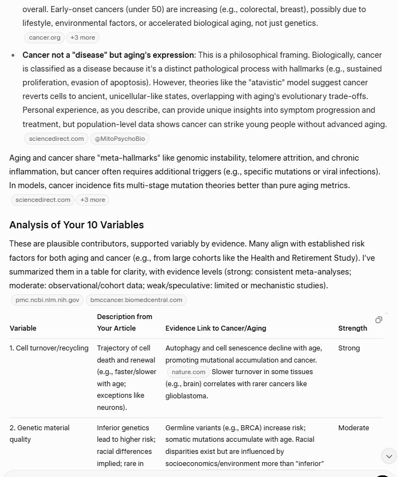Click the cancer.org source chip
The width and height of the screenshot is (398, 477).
pyautogui.click(x=45, y=37)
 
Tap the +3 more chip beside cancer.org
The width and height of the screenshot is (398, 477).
pyautogui.click(x=82, y=37)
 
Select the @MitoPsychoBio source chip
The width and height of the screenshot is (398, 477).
pyautogui.click(x=119, y=139)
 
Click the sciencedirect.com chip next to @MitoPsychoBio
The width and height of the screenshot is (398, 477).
pyautogui.click(x=56, y=139)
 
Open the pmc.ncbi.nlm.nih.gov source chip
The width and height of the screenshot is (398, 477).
pyautogui.click(x=47, y=300)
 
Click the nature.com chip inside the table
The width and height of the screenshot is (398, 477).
pyautogui.click(x=188, y=372)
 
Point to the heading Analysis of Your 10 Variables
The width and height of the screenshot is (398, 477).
pyautogui.click(x=76, y=225)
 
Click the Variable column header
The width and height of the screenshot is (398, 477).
pyautogui.click(x=23, y=328)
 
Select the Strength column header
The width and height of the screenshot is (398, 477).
pyautogui.click(x=352, y=328)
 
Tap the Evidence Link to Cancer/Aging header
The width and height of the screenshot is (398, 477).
pyautogui.click(x=215, y=328)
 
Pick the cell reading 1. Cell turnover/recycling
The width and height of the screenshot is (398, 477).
pyautogui.click(x=49, y=348)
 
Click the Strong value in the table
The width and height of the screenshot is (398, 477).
pyautogui.click(x=349, y=348)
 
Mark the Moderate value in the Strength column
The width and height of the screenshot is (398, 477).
pyautogui.click(x=353, y=428)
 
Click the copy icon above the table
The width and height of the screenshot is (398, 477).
pyautogui.click(x=379, y=320)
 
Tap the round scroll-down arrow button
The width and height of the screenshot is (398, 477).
pyautogui.click(x=389, y=456)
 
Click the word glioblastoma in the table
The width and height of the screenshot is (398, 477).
pyautogui.click(x=186, y=396)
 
